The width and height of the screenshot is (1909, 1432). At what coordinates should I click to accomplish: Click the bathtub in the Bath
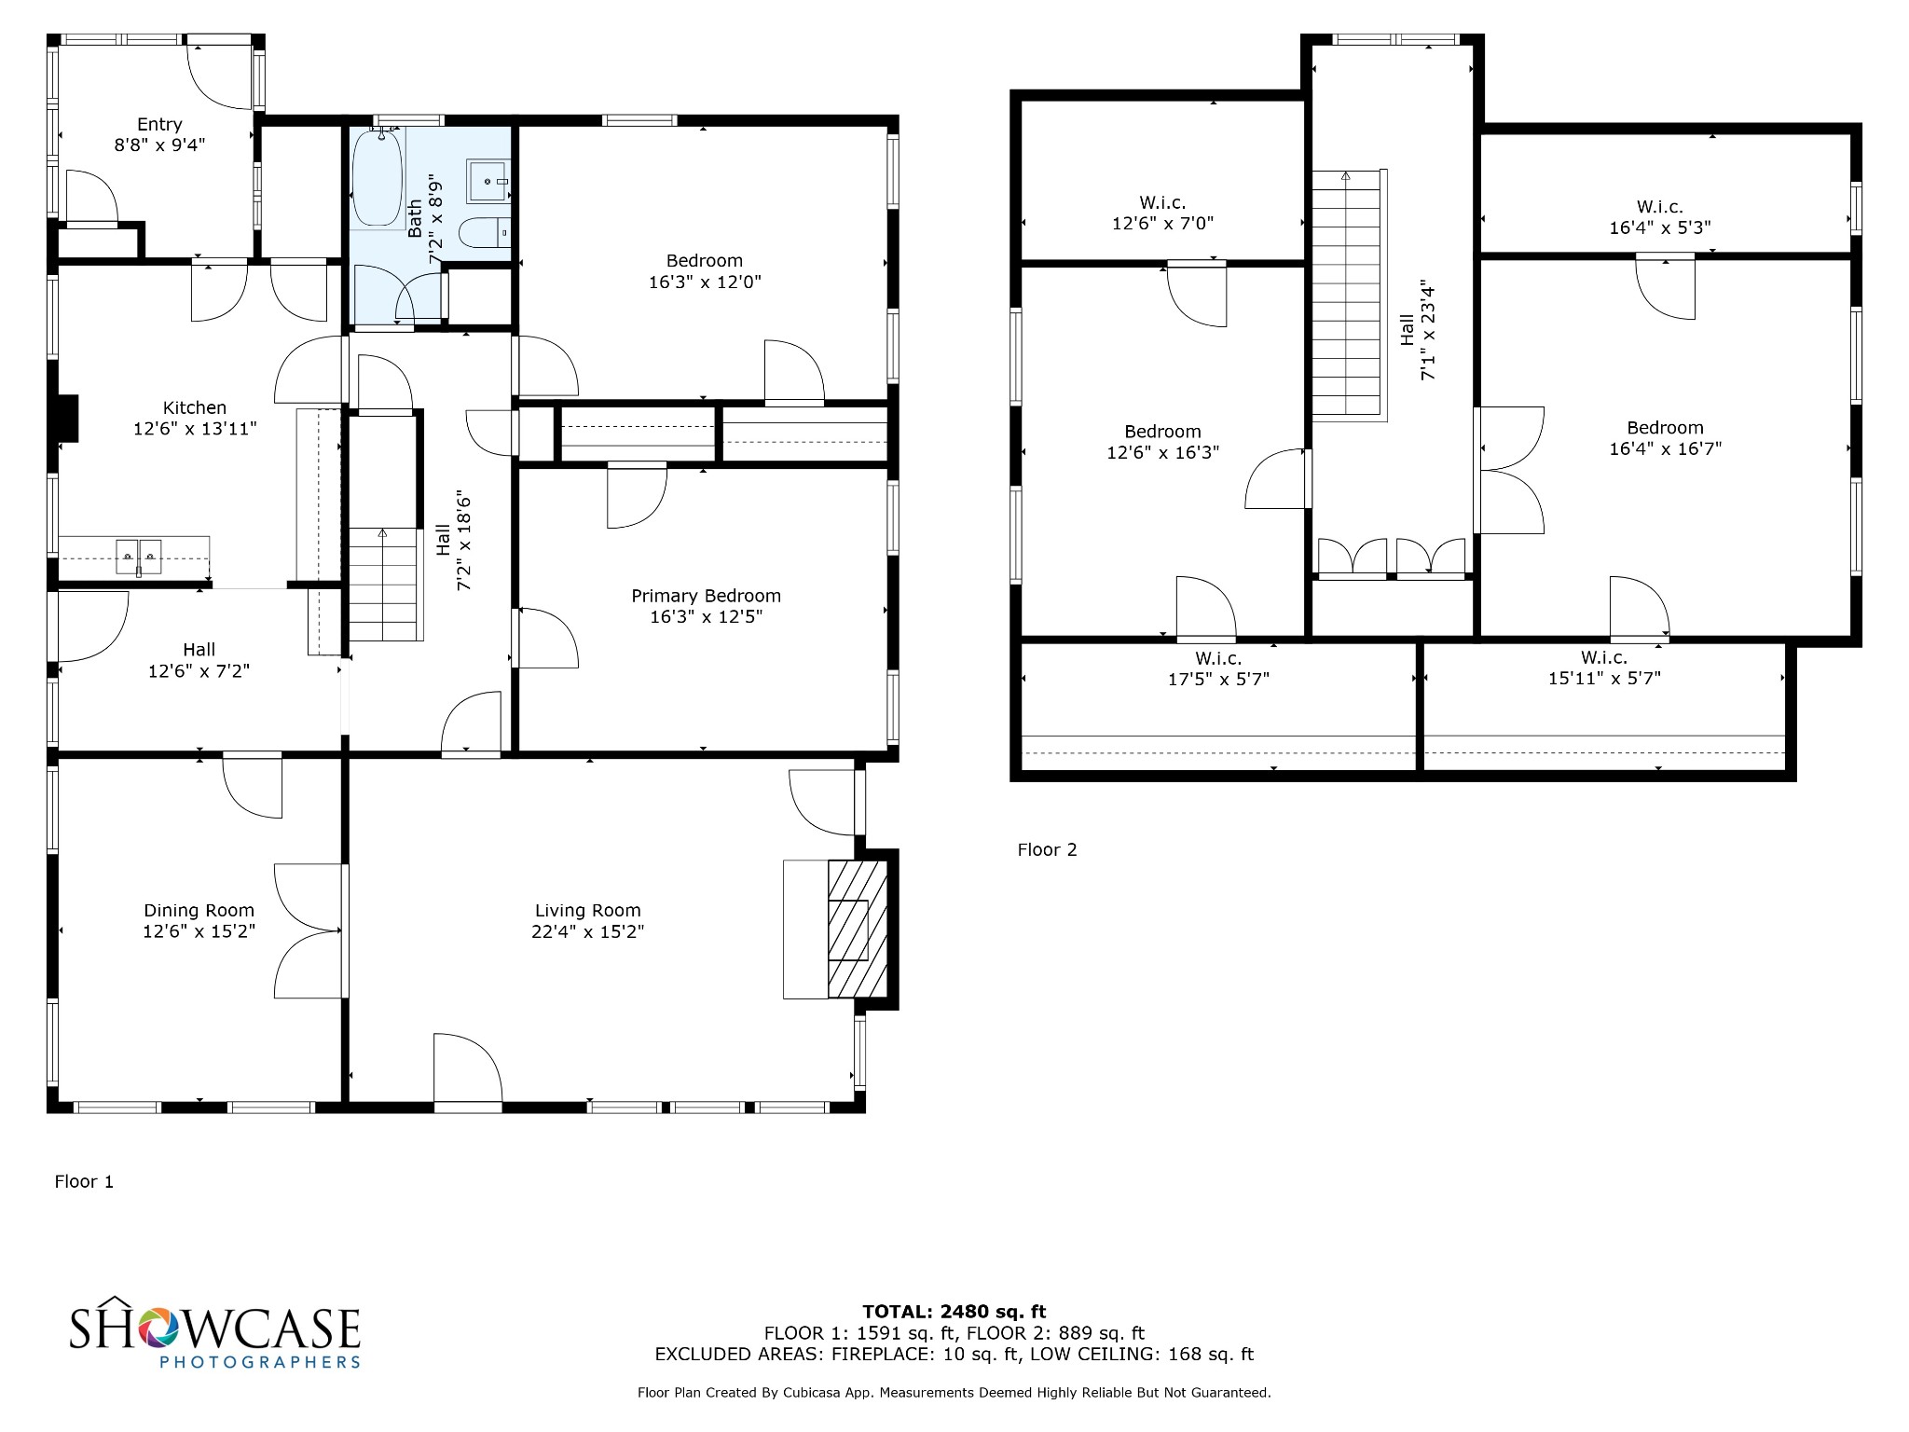point(378,177)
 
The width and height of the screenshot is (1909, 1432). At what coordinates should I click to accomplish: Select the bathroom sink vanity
point(488,181)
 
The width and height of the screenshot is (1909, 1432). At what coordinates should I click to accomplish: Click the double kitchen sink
point(139,557)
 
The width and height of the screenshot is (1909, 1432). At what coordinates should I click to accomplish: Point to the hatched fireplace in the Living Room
point(857,929)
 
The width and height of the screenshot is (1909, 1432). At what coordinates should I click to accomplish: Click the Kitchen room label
point(195,407)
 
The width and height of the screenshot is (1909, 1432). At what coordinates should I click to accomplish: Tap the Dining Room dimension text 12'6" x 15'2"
point(199,931)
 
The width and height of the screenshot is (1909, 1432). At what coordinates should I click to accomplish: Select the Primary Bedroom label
point(706,596)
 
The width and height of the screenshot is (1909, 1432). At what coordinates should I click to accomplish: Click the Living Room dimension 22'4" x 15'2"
point(587,931)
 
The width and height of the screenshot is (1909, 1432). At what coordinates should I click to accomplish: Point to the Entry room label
point(159,124)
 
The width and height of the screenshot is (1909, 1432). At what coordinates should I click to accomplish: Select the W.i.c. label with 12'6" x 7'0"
point(1162,202)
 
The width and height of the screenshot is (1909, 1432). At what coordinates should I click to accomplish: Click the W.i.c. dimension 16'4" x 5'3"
point(1660,227)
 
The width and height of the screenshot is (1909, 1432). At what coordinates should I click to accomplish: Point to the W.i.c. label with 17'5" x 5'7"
point(1218,659)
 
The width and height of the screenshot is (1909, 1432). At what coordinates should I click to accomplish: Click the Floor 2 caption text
point(1047,849)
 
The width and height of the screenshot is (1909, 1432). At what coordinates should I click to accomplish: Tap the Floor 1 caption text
point(84,1181)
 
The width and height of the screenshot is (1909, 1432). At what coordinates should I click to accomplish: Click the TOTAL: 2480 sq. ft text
point(954,1312)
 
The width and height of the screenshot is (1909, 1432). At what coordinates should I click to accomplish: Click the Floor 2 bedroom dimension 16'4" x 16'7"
point(1665,448)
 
